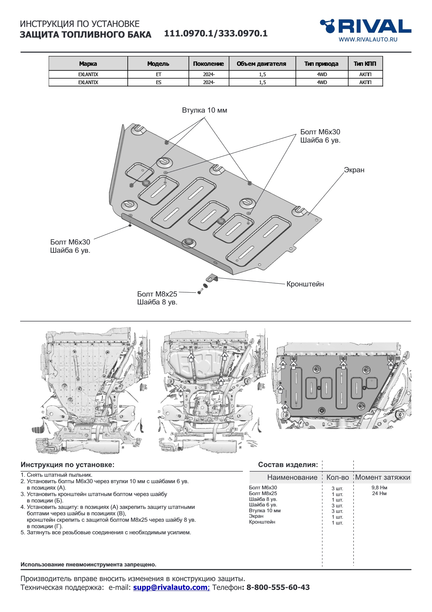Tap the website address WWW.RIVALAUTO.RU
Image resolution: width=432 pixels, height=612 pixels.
[x=368, y=39]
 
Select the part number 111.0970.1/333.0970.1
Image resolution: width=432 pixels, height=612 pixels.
[x=216, y=33]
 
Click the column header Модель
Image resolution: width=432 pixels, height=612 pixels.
[x=158, y=64]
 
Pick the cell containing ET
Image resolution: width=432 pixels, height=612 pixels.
[x=158, y=74]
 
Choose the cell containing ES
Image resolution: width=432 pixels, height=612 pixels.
[x=158, y=82]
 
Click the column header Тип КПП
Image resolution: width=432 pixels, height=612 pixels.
[x=365, y=64]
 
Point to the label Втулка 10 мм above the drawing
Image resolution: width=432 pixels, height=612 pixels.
[x=204, y=110]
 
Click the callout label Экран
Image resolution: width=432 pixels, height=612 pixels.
[x=354, y=170]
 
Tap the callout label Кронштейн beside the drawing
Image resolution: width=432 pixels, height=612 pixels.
[x=305, y=284]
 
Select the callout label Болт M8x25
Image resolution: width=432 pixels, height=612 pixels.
[x=157, y=294]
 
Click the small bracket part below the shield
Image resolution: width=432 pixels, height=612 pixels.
[x=212, y=278]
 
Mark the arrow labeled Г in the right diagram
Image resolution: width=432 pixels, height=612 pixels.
[x=301, y=423]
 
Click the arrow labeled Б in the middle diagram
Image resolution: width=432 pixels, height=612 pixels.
[x=181, y=391]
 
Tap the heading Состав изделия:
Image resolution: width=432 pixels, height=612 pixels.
[x=288, y=465]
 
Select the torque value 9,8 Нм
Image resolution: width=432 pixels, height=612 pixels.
[x=379, y=488]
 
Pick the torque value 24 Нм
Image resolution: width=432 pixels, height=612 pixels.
[x=379, y=493]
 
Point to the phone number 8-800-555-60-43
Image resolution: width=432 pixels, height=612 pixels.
[x=278, y=588]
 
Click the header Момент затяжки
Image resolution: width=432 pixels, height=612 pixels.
[x=383, y=477]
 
